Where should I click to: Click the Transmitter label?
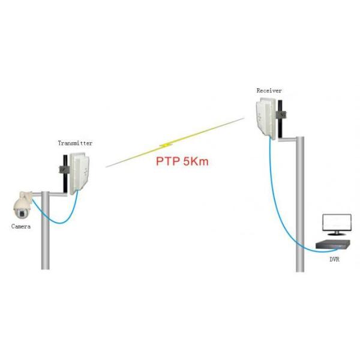75,143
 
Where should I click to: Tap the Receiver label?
269,91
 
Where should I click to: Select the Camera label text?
21,227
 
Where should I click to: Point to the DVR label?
334,259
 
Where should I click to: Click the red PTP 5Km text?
182,161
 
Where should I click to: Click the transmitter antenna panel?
79,173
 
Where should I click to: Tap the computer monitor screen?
337,223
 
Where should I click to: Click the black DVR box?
333,244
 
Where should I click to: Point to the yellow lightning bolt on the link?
166,145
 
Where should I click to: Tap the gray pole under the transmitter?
45,230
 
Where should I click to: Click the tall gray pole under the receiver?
300,205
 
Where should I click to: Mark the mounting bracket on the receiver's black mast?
281,115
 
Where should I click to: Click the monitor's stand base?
337,234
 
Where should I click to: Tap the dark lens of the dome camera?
22,214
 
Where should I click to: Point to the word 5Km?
196,161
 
